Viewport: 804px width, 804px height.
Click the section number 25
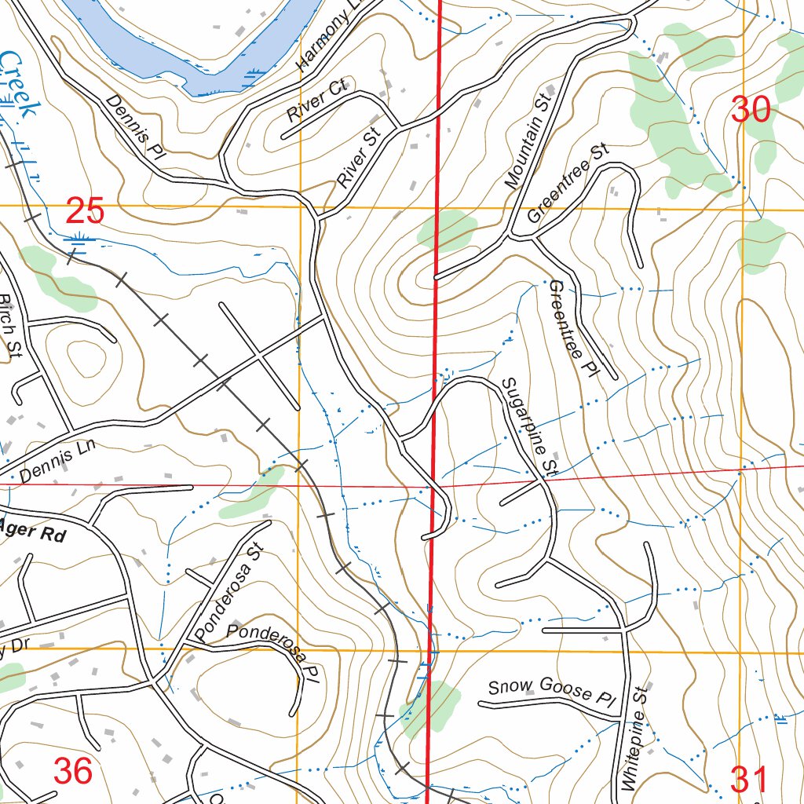coord(84,211)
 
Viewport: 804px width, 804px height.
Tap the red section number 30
coord(751,109)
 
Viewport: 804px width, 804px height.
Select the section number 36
coord(73,771)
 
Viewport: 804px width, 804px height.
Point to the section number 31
coord(750,780)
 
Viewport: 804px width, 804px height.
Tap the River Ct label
coord(316,101)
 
